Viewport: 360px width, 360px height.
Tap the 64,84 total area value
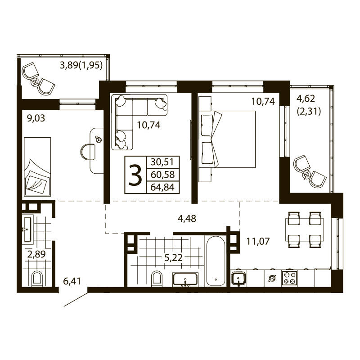162,187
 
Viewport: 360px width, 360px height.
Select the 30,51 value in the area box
162,162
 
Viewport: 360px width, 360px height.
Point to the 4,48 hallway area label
187,219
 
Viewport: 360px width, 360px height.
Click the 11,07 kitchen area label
258,241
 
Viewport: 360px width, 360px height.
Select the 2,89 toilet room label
36,255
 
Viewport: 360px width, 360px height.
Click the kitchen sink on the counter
238,278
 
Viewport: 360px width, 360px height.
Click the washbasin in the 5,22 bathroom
185,279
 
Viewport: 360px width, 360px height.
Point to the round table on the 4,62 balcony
307,174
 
